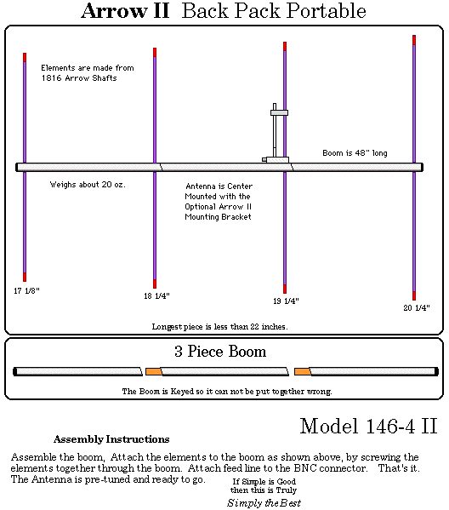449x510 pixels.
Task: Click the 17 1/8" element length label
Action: click(x=26, y=290)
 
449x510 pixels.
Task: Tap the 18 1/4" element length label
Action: click(x=157, y=295)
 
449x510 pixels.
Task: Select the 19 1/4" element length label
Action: click(x=286, y=301)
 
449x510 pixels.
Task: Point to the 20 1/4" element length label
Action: click(x=417, y=307)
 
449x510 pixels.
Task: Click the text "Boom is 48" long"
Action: click(x=355, y=153)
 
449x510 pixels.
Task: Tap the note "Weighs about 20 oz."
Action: click(x=88, y=185)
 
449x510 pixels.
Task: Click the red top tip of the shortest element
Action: click(x=25, y=57)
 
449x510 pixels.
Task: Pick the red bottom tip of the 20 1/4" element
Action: click(x=414, y=295)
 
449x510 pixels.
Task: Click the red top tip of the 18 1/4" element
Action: click(x=155, y=53)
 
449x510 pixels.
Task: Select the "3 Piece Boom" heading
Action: click(x=220, y=352)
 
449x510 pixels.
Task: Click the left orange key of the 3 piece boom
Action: click(x=154, y=371)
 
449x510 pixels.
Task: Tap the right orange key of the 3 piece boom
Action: click(x=303, y=371)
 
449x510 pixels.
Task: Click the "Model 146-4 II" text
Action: click(x=368, y=426)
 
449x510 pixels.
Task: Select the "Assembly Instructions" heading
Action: click(x=111, y=439)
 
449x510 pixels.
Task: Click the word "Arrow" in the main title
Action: click(x=114, y=11)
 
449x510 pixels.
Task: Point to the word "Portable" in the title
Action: click(x=327, y=11)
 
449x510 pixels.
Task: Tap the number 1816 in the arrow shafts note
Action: click(x=51, y=78)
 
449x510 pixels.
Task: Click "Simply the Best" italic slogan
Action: click(x=264, y=503)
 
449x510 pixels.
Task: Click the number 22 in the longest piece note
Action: click(x=254, y=326)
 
